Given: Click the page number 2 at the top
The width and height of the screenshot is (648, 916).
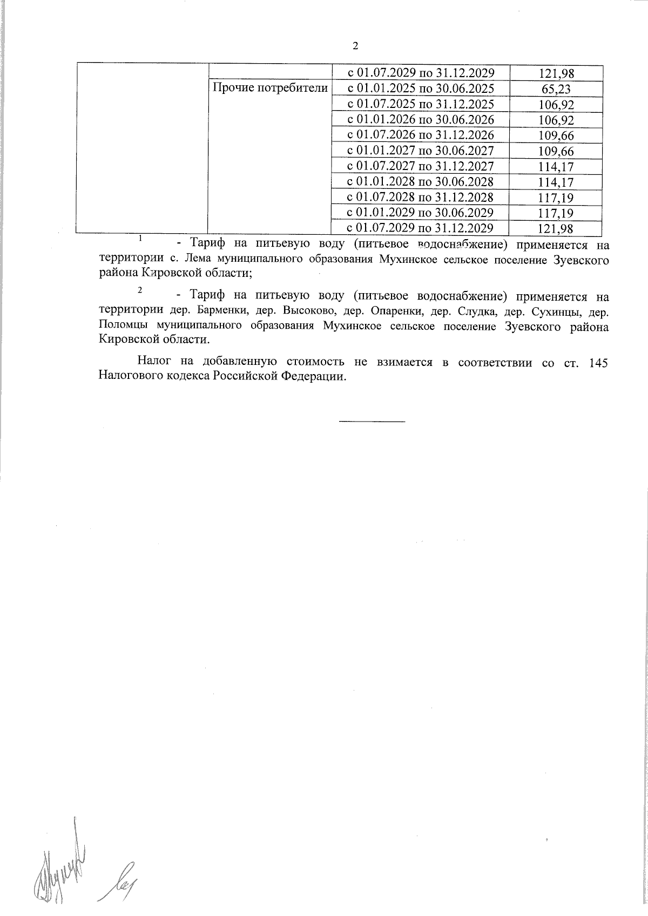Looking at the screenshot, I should click(355, 46).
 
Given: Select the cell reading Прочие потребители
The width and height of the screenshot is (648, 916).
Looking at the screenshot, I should click(269, 88).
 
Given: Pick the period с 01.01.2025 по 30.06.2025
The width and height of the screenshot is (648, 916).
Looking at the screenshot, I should click(420, 88).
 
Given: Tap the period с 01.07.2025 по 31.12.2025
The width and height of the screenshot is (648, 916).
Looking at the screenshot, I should click(420, 104).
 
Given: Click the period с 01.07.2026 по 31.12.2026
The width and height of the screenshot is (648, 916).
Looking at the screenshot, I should click(420, 135).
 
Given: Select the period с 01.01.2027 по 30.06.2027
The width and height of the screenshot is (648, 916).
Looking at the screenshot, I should click(420, 151).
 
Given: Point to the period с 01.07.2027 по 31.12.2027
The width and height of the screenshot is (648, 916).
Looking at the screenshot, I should click(420, 166).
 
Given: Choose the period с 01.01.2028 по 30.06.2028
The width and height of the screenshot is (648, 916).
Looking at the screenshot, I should click(420, 182).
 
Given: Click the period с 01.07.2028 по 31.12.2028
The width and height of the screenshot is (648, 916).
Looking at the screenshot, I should click(420, 197).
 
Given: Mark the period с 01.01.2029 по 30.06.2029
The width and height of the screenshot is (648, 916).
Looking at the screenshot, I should click(420, 213).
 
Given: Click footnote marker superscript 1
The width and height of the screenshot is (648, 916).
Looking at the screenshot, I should click(140, 238).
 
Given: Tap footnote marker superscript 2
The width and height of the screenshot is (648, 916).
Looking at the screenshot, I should click(140, 290).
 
